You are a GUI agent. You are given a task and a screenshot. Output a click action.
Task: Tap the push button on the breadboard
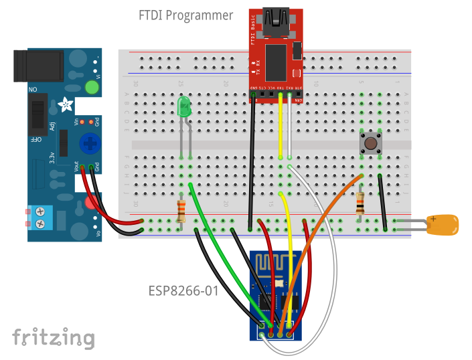click(x=370, y=143)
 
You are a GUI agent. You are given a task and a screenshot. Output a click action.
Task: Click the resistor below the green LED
click(x=181, y=210)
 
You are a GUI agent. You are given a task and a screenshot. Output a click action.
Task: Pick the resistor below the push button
click(x=361, y=203)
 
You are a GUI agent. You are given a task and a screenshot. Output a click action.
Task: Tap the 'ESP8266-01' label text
click(x=183, y=291)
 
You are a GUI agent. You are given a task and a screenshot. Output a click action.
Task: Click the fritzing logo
click(x=53, y=338)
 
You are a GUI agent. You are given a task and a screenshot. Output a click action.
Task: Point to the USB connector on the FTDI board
click(x=275, y=21)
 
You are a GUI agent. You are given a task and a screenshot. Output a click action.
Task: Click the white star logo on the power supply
click(x=65, y=104)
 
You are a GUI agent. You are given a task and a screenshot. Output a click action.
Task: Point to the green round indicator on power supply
click(x=92, y=87)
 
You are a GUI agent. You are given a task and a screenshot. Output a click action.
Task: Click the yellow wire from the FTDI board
click(x=281, y=127)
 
